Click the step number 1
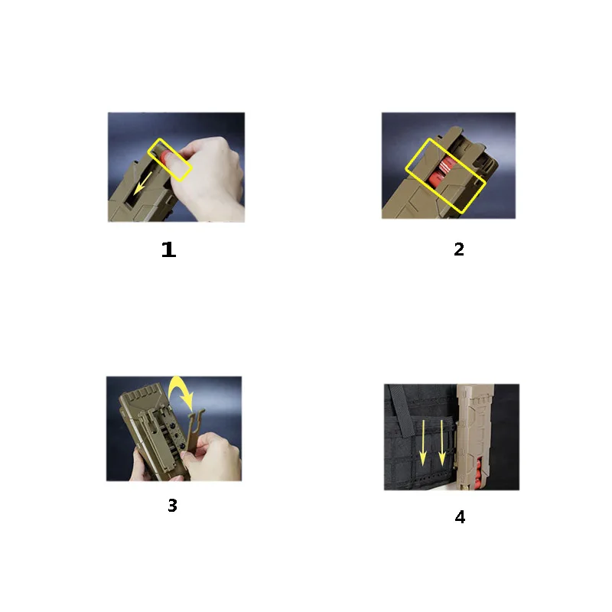pyautogui.click(x=168, y=249)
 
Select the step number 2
pyautogui.click(x=459, y=249)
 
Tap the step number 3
pyautogui.click(x=173, y=505)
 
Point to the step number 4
pyautogui.click(x=461, y=517)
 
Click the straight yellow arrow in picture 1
pyautogui.click(x=142, y=184)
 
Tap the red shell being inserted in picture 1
pyautogui.click(x=166, y=157)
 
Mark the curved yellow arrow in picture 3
pyautogui.click(x=181, y=392)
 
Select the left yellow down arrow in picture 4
pyautogui.click(x=423, y=443)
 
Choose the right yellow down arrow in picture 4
pyautogui.click(x=442, y=443)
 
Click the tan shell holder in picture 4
pyautogui.click(x=474, y=437)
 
